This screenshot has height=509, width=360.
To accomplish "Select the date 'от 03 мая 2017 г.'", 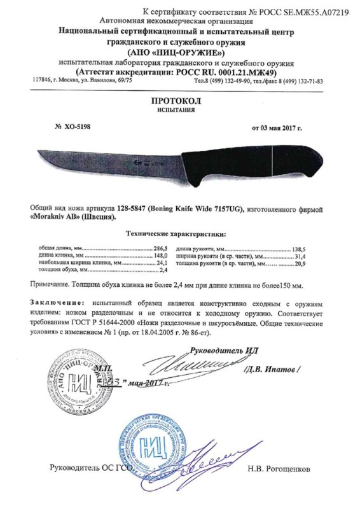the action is coord(278,128).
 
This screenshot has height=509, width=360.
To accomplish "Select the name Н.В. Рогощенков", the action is coord(280,470).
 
